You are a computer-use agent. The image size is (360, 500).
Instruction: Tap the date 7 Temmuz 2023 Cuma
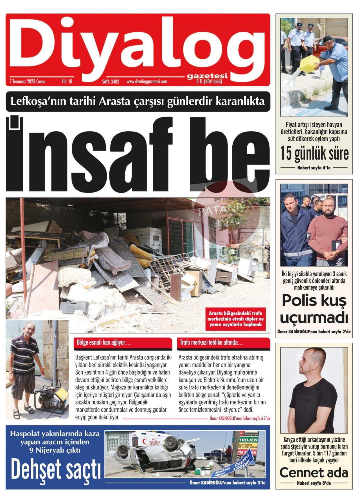[27, 82]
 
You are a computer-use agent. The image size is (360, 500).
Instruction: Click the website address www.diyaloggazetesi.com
[147, 82]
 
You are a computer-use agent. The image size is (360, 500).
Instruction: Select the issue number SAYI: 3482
[111, 82]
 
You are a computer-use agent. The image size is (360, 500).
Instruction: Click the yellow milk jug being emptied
[309, 63]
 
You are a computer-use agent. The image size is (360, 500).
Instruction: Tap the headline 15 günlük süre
[314, 154]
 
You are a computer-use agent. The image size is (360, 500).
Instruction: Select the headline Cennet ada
[314, 473]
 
